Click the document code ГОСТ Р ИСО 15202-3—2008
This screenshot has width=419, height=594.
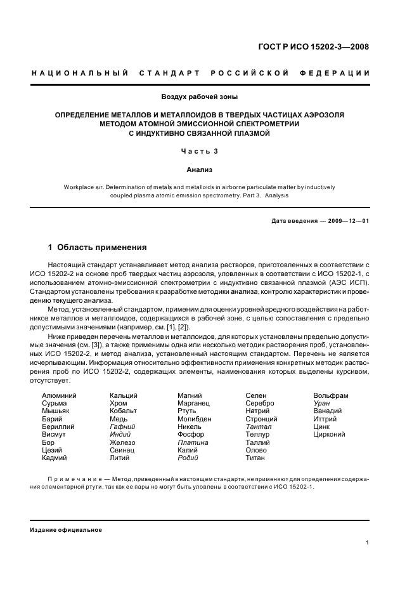(322, 47)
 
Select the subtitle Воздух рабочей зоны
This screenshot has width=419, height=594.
(200, 97)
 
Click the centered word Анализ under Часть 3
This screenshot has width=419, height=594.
(200, 170)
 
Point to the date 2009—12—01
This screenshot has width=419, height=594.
(349, 220)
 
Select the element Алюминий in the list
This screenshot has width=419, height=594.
(59, 396)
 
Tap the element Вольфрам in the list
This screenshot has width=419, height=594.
(331, 396)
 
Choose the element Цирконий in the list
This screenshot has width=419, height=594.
(329, 435)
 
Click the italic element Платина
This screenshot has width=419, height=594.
(192, 442)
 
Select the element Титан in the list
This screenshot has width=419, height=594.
(255, 458)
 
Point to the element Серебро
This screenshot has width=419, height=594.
(260, 404)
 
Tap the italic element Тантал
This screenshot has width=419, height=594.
(258, 427)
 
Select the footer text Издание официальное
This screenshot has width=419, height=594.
(66, 530)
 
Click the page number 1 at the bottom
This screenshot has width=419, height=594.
(368, 543)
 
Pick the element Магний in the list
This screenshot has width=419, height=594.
(190, 396)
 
